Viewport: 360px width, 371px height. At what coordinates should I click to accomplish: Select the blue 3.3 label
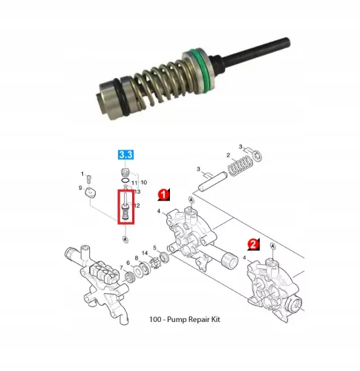pos(125,155)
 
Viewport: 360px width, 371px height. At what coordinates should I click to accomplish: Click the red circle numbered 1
pos(163,194)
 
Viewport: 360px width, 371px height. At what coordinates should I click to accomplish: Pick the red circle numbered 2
pos(253,245)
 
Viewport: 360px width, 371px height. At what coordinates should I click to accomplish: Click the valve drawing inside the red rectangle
pos(125,207)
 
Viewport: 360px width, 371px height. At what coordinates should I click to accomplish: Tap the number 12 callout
pos(137,206)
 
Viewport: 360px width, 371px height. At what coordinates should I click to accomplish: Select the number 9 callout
pos(80,188)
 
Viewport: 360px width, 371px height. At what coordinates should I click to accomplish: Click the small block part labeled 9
pos(91,193)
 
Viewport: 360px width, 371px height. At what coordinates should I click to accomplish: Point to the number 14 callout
pos(145,253)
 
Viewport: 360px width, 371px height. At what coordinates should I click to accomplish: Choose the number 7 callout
pos(121,268)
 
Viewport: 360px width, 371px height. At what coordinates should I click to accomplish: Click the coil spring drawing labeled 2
pos(240,165)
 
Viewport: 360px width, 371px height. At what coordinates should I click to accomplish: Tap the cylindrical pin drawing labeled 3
pos(213,181)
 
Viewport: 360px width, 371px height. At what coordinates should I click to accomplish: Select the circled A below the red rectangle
pos(125,240)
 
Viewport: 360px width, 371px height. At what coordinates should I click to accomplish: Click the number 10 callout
pos(144,183)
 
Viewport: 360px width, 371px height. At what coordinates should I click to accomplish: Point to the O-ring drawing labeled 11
pos(125,180)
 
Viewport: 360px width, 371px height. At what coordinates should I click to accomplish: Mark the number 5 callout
pos(154,248)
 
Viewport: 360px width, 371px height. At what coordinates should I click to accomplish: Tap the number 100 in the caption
pos(155,319)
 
